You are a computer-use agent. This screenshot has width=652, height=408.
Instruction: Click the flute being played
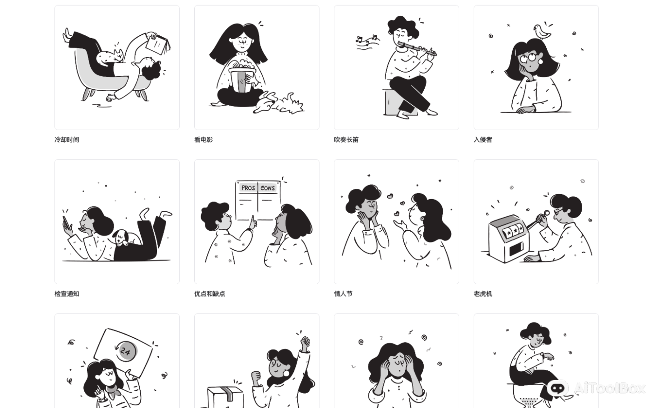point(417,49)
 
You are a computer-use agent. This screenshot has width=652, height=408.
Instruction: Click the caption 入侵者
point(483,140)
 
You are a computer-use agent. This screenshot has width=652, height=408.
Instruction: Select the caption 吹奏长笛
point(346,140)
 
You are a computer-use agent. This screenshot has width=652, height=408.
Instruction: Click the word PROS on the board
point(248,188)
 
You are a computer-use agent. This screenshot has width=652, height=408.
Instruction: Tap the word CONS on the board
point(267,188)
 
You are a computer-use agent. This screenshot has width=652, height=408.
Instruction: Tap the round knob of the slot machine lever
point(547,213)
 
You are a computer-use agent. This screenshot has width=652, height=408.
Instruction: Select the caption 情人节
point(343,294)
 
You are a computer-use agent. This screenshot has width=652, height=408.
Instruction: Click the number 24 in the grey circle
point(125,351)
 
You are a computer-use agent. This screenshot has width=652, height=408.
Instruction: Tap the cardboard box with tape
point(225,397)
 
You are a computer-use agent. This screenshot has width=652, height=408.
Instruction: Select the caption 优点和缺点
point(210,294)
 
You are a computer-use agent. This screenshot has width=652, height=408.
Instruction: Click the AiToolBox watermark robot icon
point(557,388)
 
